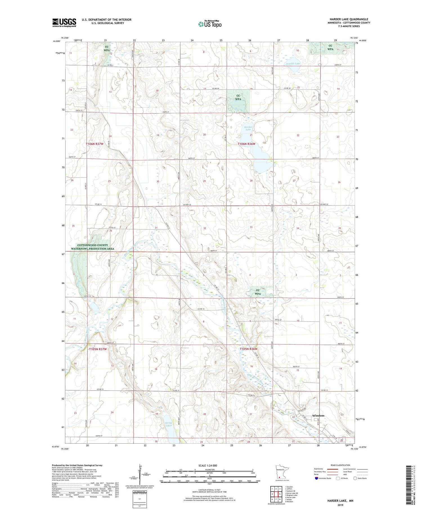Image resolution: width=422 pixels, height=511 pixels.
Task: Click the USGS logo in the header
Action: tap(64, 23)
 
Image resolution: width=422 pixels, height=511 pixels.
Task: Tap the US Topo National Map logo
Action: tap(210, 24)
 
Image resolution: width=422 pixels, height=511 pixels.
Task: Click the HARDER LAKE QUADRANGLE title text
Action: tap(349, 19)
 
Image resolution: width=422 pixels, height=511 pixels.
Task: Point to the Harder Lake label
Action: tap(248, 128)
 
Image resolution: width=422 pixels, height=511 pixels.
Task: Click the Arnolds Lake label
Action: tap(293, 64)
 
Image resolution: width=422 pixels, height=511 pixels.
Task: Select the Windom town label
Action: tap(318, 415)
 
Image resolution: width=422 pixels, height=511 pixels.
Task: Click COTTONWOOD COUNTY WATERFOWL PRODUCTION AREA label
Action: tap(93, 247)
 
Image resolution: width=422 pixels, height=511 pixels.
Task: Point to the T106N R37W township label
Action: tap(95, 144)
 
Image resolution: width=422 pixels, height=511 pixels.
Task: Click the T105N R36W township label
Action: tap(248, 349)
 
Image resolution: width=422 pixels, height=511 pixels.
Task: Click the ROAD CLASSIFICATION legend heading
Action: tap(340, 465)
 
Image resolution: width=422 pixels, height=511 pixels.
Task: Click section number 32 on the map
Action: tap(205, 228)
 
